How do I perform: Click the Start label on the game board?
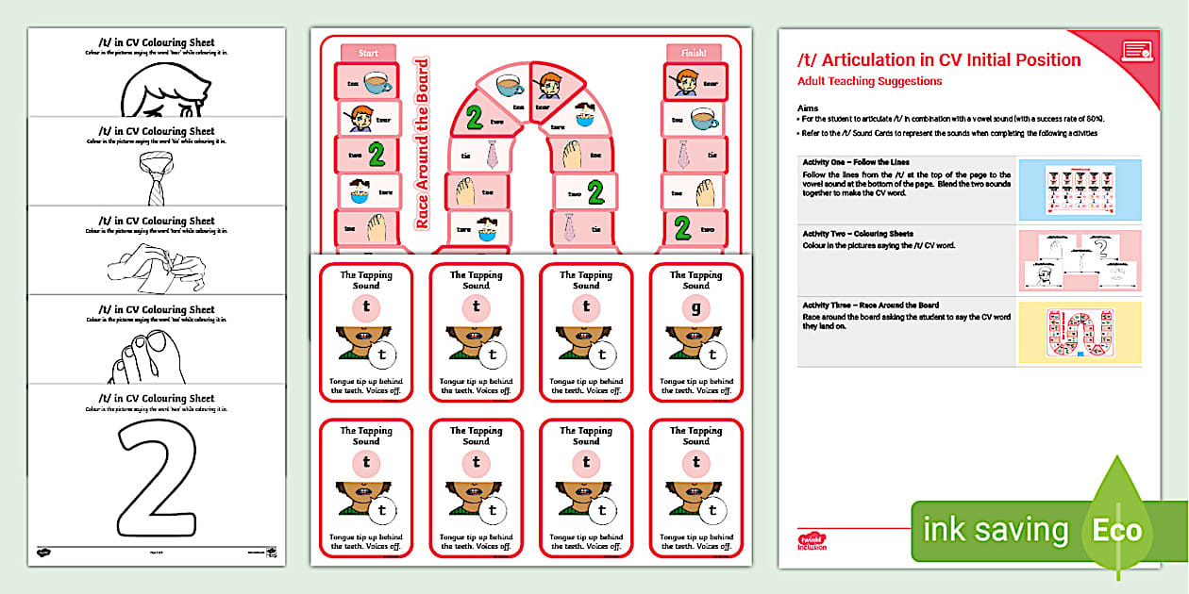pos(368,53)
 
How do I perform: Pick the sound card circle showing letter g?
pos(696,307)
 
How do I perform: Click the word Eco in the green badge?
pos(1116,530)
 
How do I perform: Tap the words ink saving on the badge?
pos(995,530)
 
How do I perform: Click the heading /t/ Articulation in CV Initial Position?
pos(939,60)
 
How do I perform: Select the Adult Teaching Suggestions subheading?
pos(869,82)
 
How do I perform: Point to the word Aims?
pos(808,108)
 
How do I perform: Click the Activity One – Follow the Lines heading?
pos(855,162)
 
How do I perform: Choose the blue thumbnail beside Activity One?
pos(1080,190)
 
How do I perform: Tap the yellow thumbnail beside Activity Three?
pos(1080,332)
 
